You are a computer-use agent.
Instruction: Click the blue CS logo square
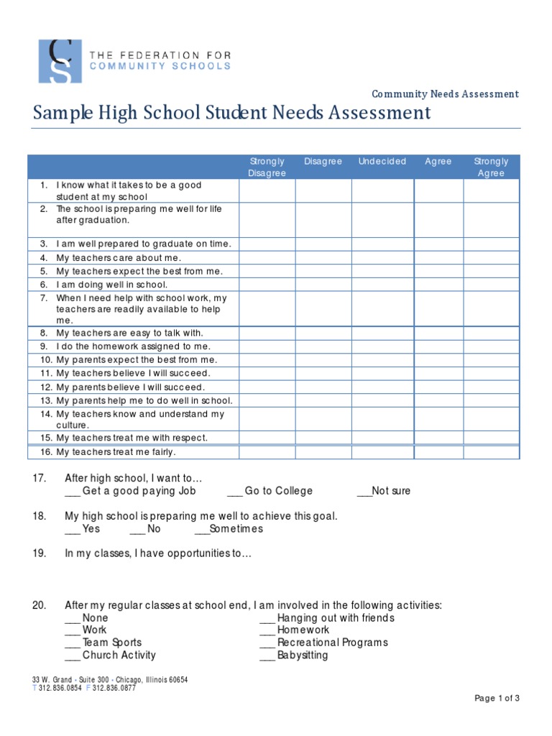[60, 61]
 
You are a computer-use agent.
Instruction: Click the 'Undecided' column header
[382, 162]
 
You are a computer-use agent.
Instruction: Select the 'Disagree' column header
[323, 162]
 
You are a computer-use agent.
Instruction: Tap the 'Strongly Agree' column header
[491, 167]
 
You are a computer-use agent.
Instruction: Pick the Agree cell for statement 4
[438, 257]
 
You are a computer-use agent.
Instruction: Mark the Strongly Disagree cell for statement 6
[267, 285]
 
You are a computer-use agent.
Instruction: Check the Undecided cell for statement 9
[382, 346]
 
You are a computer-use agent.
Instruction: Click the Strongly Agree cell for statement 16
[491, 452]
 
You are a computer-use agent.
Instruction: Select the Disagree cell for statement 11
[323, 373]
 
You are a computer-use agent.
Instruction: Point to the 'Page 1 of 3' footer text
[497, 698]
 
